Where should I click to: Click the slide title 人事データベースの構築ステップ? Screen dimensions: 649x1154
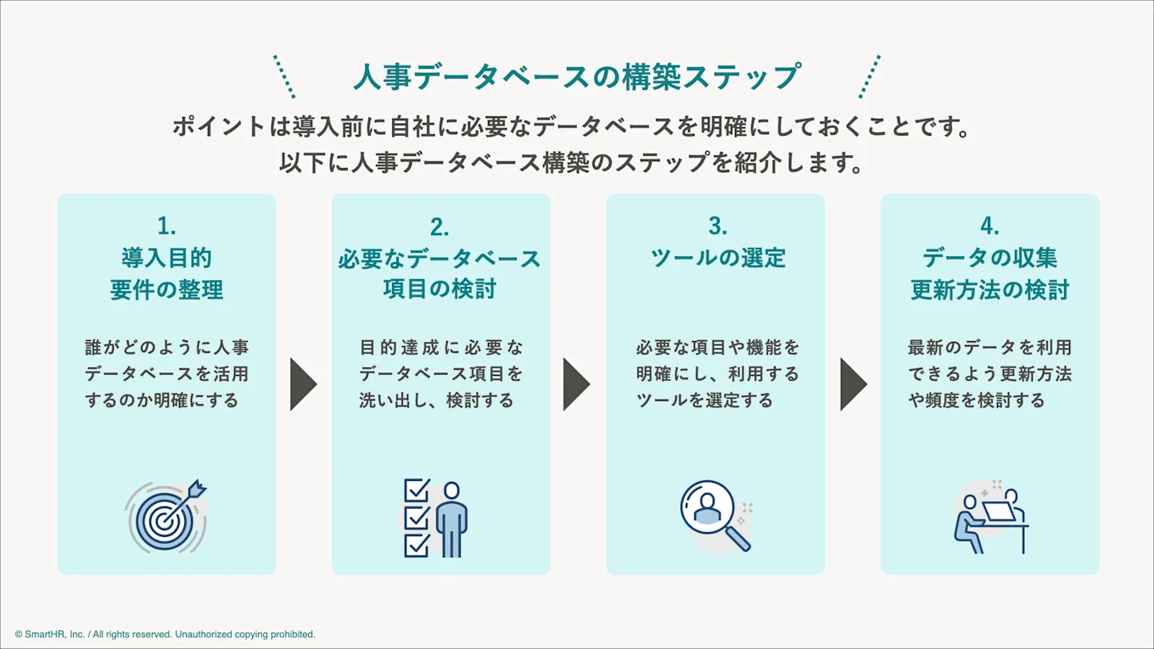coord(576,77)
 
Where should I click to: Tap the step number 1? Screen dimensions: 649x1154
coord(166,226)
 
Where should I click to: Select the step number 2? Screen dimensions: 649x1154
coord(440,227)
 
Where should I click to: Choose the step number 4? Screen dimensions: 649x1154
coord(989,226)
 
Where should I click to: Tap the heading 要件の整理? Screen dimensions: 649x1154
coord(166,289)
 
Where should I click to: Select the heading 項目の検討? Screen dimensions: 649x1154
coord(440,289)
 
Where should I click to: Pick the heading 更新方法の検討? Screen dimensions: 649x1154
coord(989,289)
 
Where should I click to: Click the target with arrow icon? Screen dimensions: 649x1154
coord(166,517)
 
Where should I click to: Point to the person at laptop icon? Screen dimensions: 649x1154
coord(989,517)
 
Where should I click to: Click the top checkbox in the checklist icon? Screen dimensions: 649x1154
coord(417,491)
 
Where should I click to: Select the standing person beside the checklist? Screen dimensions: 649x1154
coord(451,519)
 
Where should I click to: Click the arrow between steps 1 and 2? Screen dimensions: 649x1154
coord(302,384)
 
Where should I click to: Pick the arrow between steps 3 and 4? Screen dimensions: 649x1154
coord(853,384)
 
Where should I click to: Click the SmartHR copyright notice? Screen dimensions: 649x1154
coord(165,634)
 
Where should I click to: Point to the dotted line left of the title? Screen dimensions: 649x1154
coord(284,76)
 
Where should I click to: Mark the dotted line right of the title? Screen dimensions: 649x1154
coord(870,76)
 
